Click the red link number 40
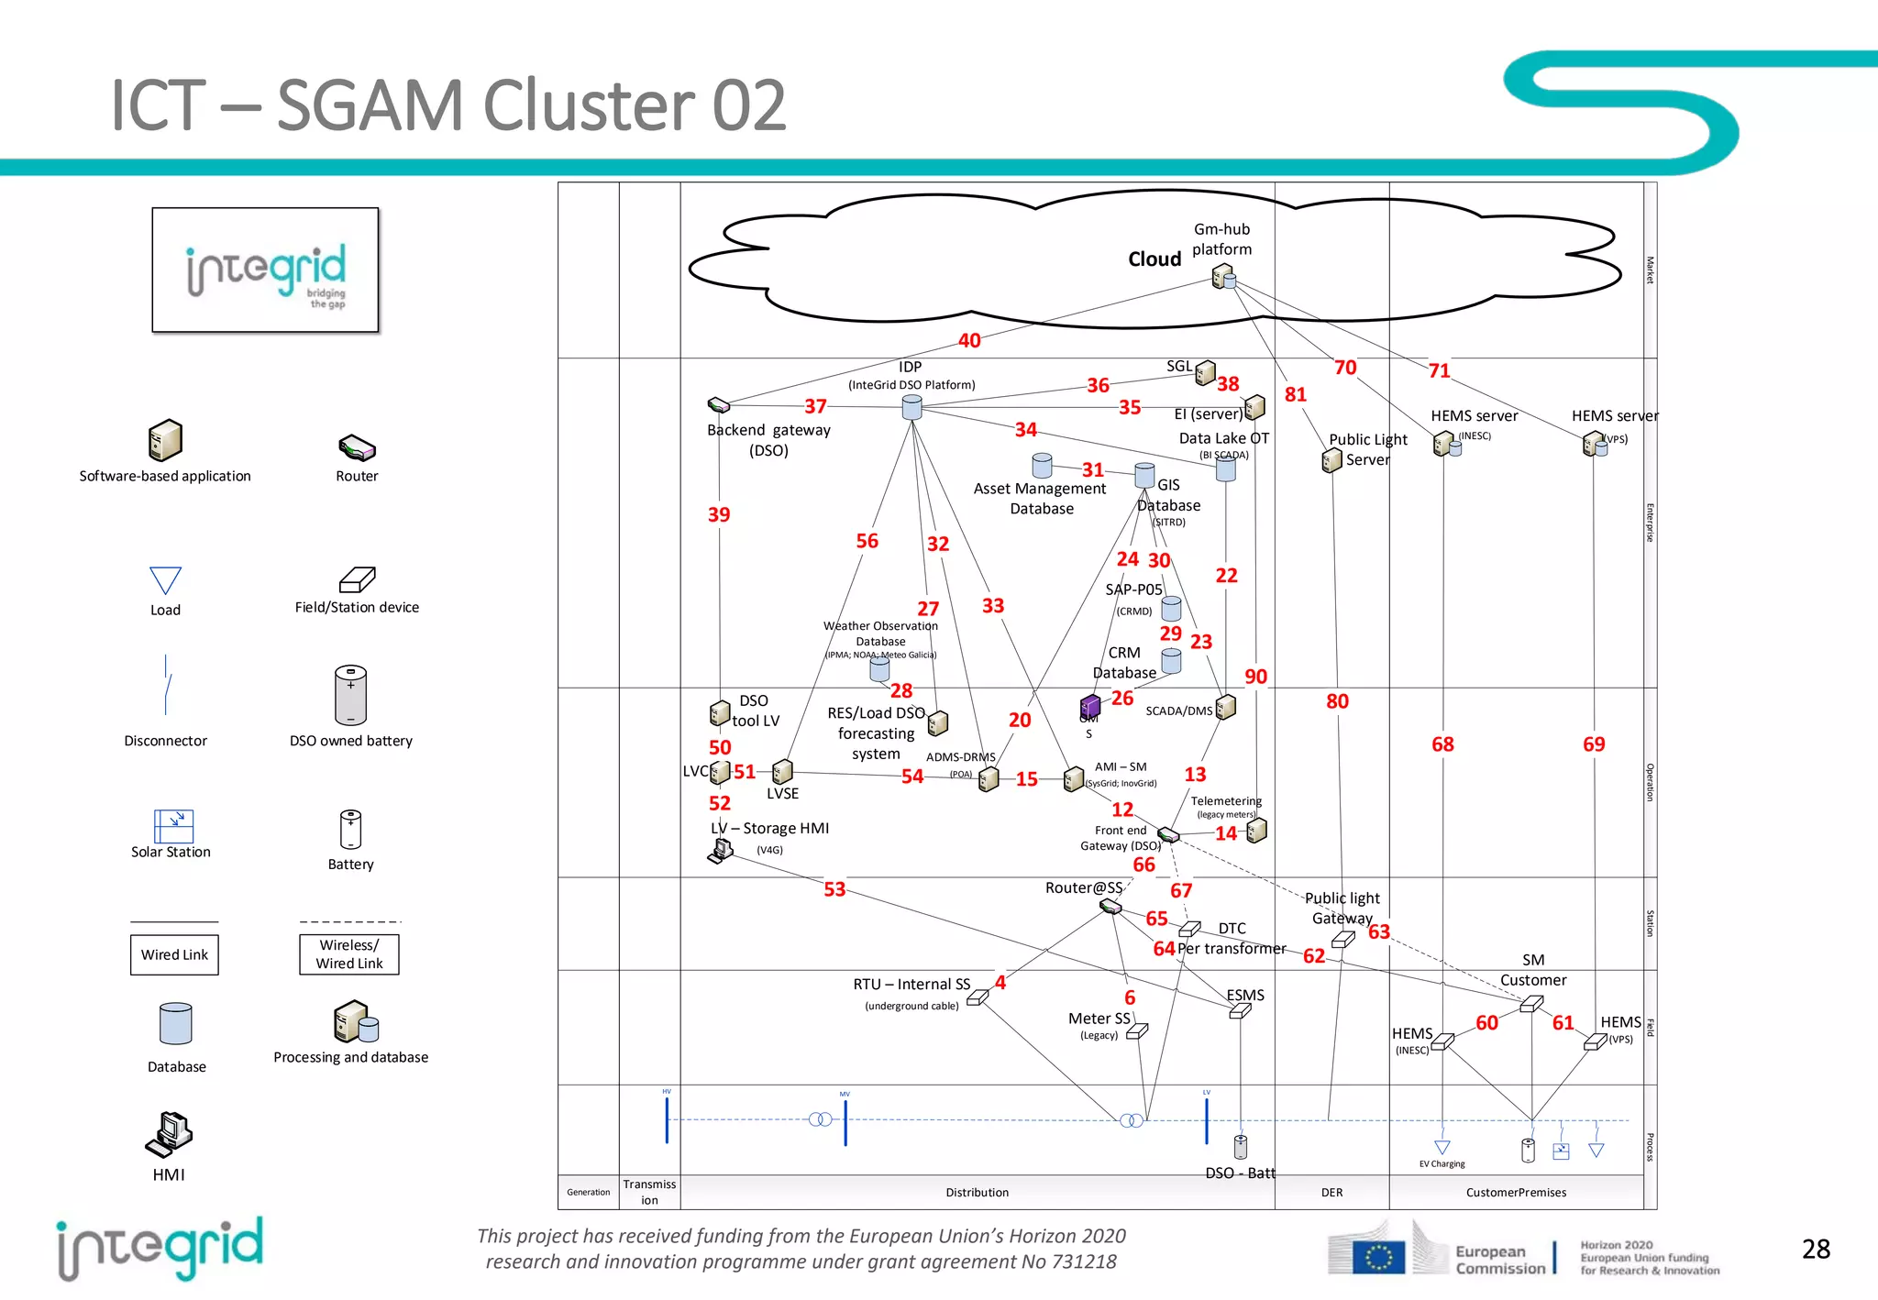pyautogui.click(x=969, y=340)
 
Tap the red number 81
pyautogui.click(x=1295, y=394)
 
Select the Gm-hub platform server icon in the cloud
pyautogui.click(x=1223, y=276)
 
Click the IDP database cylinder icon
pyautogui.click(x=911, y=407)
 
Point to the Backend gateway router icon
pyautogui.click(x=719, y=404)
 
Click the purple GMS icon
pyautogui.click(x=1089, y=706)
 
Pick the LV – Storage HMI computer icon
pyautogui.click(x=721, y=851)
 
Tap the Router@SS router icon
pyautogui.click(x=1110, y=906)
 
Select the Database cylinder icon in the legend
pyautogui.click(x=176, y=1023)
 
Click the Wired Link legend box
pyautogui.click(x=174, y=954)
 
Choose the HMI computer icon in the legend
pyautogui.click(x=169, y=1134)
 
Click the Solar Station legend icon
pyautogui.click(x=173, y=825)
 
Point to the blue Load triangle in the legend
pyautogui.click(x=165, y=580)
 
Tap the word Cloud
pyautogui.click(x=1154, y=259)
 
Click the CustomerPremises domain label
pyautogui.click(x=1516, y=1193)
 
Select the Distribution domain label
pyautogui.click(x=977, y=1193)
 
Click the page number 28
pyautogui.click(x=1815, y=1249)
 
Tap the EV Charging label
pyautogui.click(x=1442, y=1164)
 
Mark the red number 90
pyautogui.click(x=1255, y=677)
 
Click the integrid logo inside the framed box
pyautogui.click(x=266, y=270)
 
